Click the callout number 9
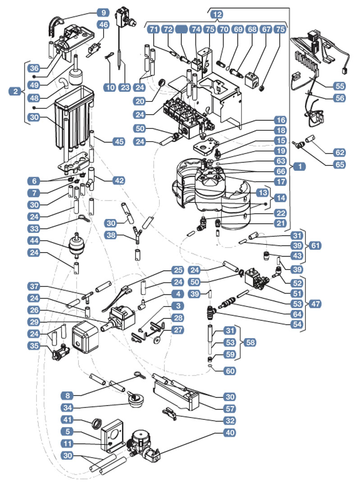[x=103, y=13]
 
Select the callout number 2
[x=15, y=92]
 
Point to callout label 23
[x=125, y=87]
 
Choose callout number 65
[x=339, y=165]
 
